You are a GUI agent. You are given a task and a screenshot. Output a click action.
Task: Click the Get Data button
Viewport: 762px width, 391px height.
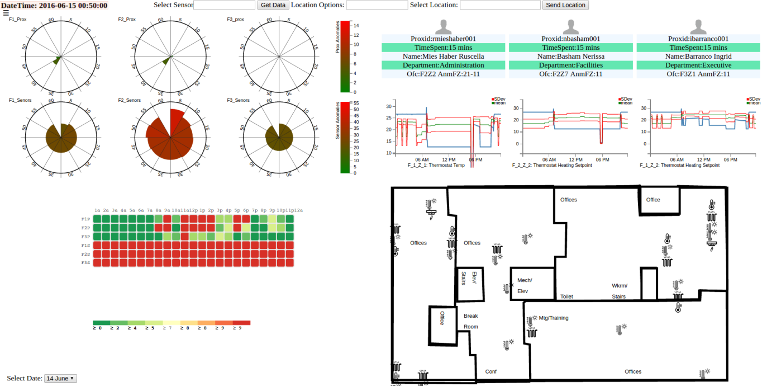[273, 5]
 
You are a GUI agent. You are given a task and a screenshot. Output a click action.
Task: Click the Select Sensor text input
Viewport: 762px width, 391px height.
[224, 5]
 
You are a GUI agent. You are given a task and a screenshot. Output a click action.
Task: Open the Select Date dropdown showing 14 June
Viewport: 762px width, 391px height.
[60, 378]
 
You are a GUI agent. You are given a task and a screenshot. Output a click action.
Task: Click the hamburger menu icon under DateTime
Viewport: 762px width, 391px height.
[6, 12]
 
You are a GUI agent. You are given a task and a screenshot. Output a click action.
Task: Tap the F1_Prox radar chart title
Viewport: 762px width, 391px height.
[17, 20]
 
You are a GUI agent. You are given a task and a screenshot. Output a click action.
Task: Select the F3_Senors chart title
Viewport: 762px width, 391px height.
[238, 100]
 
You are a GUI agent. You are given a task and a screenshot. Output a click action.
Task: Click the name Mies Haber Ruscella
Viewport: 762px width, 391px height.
[444, 56]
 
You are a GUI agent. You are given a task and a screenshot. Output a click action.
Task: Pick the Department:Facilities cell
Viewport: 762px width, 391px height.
[570, 65]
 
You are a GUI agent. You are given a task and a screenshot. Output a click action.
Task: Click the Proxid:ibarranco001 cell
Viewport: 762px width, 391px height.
[698, 39]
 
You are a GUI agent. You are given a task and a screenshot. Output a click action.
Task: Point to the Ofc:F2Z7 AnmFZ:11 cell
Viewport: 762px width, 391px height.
[570, 74]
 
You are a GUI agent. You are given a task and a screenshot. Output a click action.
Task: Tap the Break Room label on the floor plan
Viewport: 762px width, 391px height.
[470, 322]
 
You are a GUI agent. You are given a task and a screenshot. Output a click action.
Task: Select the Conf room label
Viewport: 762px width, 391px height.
[490, 371]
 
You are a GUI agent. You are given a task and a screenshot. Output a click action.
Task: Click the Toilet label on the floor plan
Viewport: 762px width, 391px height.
[566, 296]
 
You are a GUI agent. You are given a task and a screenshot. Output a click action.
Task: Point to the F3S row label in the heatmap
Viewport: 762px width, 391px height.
[85, 262]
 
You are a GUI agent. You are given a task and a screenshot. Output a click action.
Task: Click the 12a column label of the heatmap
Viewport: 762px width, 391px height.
[298, 210]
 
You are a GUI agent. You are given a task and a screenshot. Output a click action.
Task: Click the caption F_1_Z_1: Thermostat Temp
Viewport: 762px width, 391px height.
[436, 165]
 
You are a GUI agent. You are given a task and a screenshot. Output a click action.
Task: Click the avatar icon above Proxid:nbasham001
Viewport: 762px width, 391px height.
[570, 26]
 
